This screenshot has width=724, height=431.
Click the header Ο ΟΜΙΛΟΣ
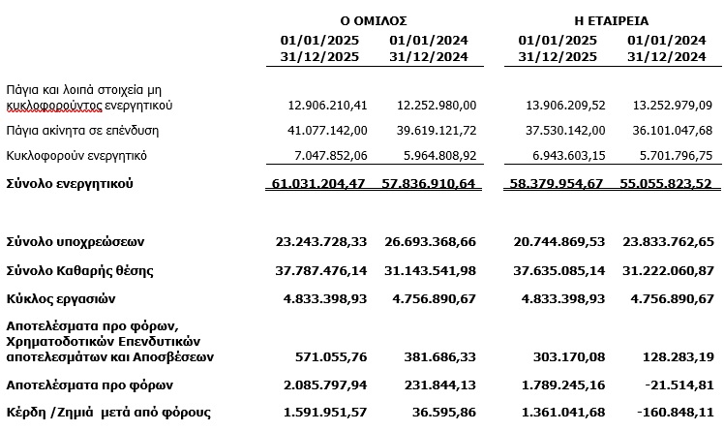point(373,19)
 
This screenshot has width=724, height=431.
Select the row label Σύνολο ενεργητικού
point(69,183)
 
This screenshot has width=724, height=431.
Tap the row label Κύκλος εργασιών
point(62,298)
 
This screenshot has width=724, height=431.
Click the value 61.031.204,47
point(318,183)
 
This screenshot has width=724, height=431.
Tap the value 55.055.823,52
point(664,183)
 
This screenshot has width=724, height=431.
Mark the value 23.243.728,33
point(318,240)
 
